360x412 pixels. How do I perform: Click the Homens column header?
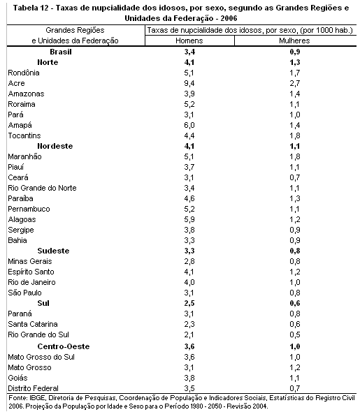point(189,41)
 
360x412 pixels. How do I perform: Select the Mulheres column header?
point(294,41)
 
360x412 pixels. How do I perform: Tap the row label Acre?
point(16,83)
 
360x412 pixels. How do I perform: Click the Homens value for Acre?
point(189,83)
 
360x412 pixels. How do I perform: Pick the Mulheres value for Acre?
point(295,83)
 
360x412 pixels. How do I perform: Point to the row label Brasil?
point(61,52)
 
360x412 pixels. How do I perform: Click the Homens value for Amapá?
point(189,125)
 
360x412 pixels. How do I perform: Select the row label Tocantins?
point(24,135)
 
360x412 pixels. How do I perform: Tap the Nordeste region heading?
point(55,146)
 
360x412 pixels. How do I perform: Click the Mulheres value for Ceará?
point(295,177)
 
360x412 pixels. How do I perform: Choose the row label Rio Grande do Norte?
point(42,188)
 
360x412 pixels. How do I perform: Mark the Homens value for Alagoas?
point(189,219)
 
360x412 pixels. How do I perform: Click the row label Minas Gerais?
point(30,261)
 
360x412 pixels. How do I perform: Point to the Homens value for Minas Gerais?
point(189,261)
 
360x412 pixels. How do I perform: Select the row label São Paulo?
point(24,293)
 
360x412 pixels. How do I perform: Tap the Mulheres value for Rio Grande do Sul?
point(295,334)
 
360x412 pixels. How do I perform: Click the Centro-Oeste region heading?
point(64,346)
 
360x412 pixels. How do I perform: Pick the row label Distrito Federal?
point(33,388)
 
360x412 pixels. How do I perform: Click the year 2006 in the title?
point(229,18)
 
